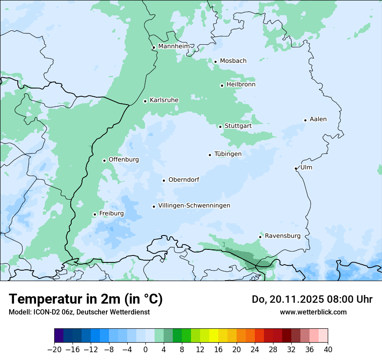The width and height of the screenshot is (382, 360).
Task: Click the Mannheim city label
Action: pos(174,46)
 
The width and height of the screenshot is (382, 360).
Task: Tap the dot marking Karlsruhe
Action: pos(145,101)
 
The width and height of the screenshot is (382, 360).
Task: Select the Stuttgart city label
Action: pos(238,126)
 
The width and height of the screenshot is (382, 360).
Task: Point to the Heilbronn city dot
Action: pos(222,85)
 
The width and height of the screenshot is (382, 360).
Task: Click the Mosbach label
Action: pos(233,61)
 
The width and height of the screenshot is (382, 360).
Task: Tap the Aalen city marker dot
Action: pos(305,120)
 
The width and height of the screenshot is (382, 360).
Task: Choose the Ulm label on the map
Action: pos(306,167)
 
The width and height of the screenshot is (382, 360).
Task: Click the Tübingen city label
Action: pos(228,154)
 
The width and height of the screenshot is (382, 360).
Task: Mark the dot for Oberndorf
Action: pos(164,180)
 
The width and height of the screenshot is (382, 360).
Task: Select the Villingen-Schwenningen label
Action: pos(194,206)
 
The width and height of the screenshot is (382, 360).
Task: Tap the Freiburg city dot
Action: pos(95,214)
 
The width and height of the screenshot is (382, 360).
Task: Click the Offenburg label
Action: pos(124,160)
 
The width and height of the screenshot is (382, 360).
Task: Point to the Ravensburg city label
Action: pos(283,236)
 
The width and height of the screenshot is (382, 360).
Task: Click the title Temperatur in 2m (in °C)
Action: pos(86,299)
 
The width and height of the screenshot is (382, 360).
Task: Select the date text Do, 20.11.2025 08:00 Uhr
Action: pos(312,299)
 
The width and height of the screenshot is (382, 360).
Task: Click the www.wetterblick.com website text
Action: pos(313,312)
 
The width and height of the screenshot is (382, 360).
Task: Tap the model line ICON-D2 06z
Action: pos(79,312)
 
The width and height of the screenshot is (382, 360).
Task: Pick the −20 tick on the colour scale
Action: pos(54,350)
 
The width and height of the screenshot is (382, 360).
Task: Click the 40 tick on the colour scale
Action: pos(328,350)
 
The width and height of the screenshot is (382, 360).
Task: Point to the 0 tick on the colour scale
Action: pos(145,350)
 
